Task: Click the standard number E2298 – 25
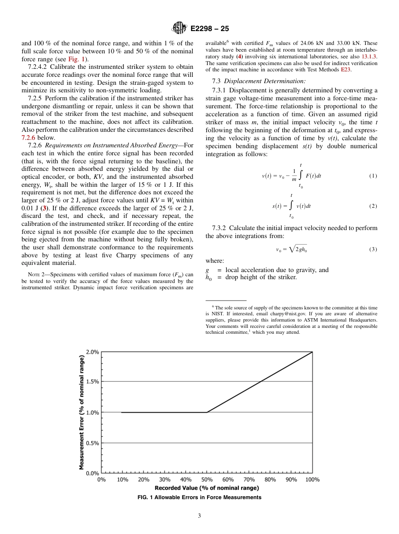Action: [210, 29]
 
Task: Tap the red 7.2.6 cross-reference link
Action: [29, 137]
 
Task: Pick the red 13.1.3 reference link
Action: [369, 56]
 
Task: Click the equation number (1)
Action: [373, 176]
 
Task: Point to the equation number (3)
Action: [373, 249]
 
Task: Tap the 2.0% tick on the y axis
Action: [92, 352]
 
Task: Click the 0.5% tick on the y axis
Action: [92, 443]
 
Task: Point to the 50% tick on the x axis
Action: [207, 479]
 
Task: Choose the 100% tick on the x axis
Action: [312, 479]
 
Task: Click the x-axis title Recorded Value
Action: [207, 488]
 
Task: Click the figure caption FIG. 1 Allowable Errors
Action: [199, 497]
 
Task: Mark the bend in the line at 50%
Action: [207, 412]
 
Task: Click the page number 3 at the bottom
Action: [199, 516]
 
